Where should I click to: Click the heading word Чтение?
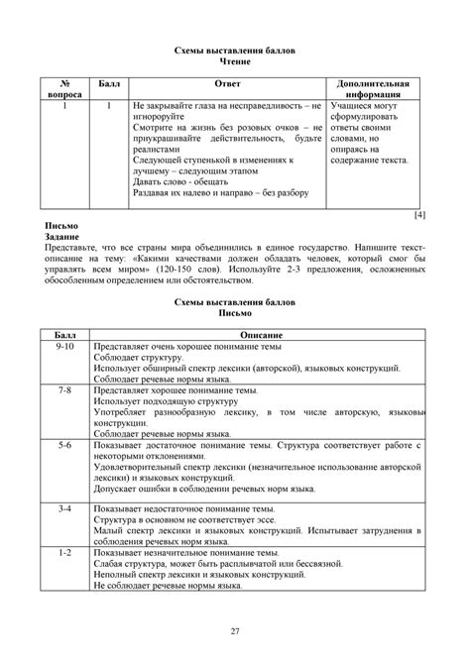(x=235, y=61)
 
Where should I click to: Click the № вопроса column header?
(x=65, y=92)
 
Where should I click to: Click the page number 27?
(x=235, y=631)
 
